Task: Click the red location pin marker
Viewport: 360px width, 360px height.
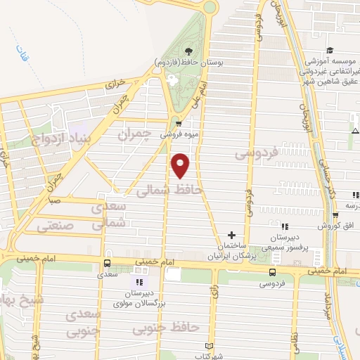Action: [181, 165]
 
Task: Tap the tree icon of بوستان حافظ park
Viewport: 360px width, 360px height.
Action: [188, 51]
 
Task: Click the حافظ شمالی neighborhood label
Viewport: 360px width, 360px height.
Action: [169, 190]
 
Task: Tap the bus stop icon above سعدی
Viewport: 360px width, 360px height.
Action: [106, 263]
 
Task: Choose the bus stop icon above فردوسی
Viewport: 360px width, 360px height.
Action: [272, 272]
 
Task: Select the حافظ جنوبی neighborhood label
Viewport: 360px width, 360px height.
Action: [176, 328]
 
